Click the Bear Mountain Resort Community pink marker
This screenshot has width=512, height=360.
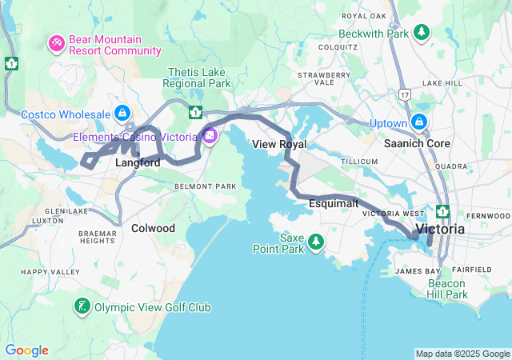coord(58,42)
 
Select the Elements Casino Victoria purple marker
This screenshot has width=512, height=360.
coord(209,134)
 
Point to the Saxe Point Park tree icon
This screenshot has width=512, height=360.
coord(317,241)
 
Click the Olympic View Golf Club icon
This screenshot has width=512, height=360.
coord(82,306)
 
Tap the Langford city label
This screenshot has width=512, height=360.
coord(138,162)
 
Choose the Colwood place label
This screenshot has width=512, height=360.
coord(153,228)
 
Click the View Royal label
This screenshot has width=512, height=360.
coord(278,145)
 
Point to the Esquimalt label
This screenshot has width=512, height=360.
coord(333,203)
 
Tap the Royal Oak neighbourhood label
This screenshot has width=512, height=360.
coord(365,16)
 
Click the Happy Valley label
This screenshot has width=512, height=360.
coord(50,272)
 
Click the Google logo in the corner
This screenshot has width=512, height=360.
coord(26,350)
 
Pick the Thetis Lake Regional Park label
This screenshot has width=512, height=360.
coord(198,78)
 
